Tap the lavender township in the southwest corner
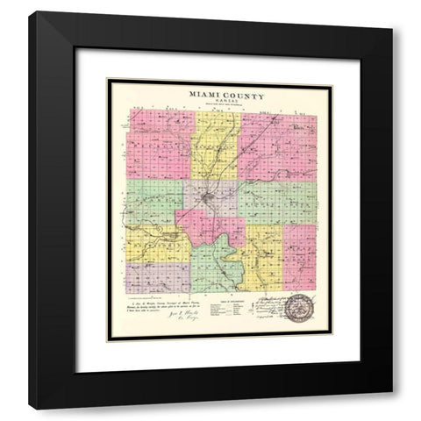(x=154, y=275)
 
